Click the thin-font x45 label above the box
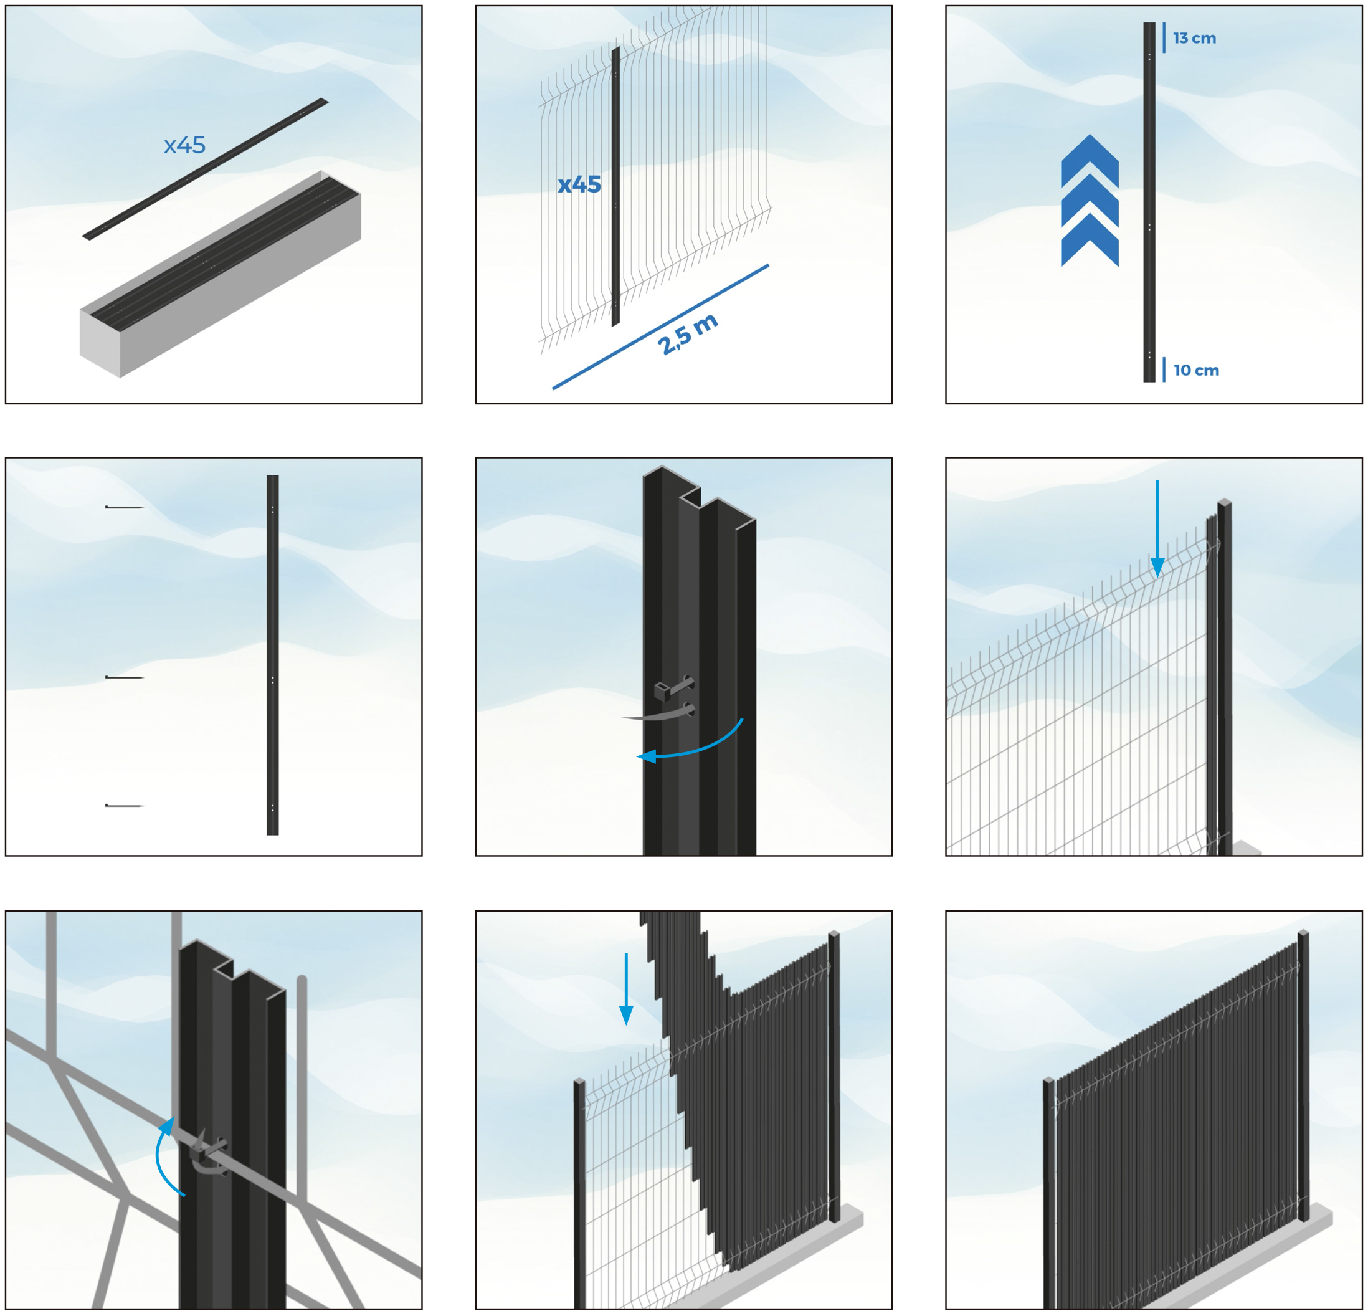pos(185,145)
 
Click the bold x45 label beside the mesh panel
pos(579,185)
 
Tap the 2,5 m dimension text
pos(688,335)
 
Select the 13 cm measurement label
pos(1194,39)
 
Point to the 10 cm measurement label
pos(1196,370)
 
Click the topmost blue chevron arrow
pos(1090,161)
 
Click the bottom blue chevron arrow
pos(1090,240)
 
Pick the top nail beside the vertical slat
pos(124,508)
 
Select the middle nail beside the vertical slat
pos(124,677)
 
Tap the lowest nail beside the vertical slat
pos(124,806)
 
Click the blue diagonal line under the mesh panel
pos(660,327)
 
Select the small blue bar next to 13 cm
pos(1164,38)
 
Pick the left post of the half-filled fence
pos(579,1194)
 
